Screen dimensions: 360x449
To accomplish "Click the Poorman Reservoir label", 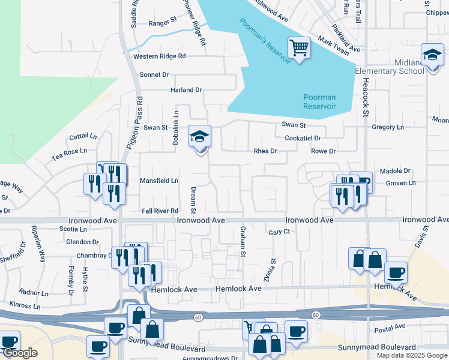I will (319, 101).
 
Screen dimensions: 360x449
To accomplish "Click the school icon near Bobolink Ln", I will (200, 137).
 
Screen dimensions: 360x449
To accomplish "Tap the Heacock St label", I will (365, 97).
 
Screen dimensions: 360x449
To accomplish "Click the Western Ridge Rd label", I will (160, 56).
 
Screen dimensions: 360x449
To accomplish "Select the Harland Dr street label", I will (187, 90).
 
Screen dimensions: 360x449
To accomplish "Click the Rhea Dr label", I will (265, 151).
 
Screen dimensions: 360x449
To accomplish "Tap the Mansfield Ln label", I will (159, 181).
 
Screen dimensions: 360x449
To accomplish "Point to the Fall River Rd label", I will (160, 211).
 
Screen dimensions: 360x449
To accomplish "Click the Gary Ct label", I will (279, 232).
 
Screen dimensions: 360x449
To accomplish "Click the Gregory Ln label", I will (388, 127).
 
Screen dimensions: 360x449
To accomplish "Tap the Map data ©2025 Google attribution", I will (412, 355).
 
